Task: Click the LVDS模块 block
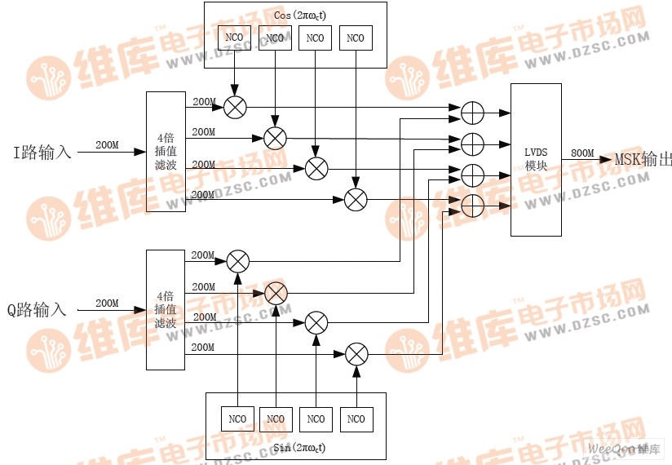tap(536, 159)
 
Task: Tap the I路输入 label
tap(42, 152)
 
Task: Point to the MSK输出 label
tap(643, 159)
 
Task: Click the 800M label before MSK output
tap(582, 153)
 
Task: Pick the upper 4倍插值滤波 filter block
tap(166, 152)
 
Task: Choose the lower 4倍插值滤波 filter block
tap(166, 310)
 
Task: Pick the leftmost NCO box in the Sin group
tap(237, 419)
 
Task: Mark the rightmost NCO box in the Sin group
tap(356, 419)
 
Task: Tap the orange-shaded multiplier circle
tap(276, 292)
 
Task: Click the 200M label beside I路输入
tap(107, 145)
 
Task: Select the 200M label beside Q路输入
tap(107, 303)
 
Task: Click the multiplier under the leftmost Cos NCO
tap(236, 107)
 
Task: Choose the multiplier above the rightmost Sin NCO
tap(356, 354)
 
